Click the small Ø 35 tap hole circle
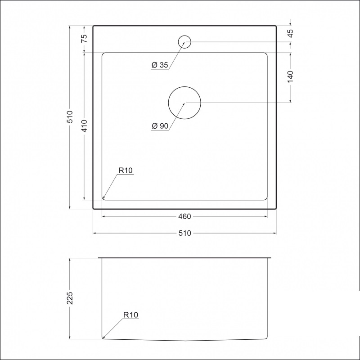[x=185, y=42]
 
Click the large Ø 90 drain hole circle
[x=184, y=103]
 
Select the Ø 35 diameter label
[x=160, y=65]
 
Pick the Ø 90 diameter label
[x=160, y=126]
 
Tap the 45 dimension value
[x=290, y=33]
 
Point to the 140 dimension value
[x=290, y=76]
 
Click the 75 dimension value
[x=84, y=39]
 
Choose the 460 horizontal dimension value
[x=184, y=216]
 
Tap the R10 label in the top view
[x=126, y=171]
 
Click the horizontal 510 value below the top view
[x=184, y=233]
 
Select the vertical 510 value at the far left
[x=70, y=117]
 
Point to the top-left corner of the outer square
[x=93, y=26]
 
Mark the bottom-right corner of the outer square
[x=276, y=209]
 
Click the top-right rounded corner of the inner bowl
[x=266, y=54]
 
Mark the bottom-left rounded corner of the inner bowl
[x=103, y=198]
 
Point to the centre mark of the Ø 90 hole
[x=184, y=103]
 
